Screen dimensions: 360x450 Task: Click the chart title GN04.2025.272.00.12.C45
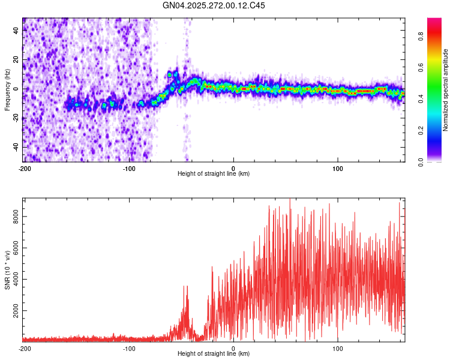(x=214, y=6)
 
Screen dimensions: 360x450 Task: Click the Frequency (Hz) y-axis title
(x=7, y=90)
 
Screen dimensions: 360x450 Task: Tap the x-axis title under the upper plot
(x=214, y=173)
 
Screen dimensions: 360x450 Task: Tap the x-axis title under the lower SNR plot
(x=214, y=354)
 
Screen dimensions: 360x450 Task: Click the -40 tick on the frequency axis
(x=16, y=148)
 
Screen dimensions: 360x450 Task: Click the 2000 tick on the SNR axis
(x=13, y=311)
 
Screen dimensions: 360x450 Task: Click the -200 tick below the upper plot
(x=25, y=167)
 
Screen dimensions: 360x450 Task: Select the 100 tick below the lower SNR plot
(x=337, y=348)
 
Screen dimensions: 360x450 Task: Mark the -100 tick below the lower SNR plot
(x=129, y=348)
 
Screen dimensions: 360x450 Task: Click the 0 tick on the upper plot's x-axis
(x=233, y=167)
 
